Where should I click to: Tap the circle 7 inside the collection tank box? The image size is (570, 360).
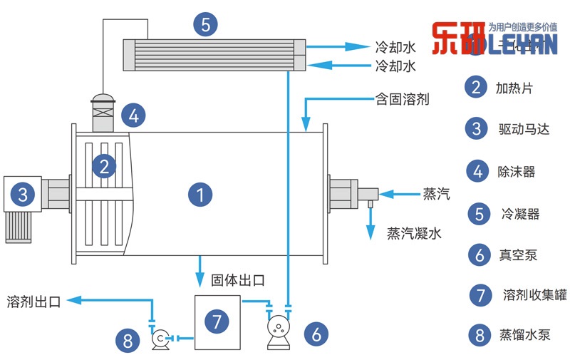[x=217, y=321]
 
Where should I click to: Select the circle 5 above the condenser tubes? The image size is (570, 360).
[x=205, y=25]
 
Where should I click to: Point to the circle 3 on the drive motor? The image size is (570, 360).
[x=24, y=194]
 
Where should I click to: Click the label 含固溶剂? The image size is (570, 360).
[x=402, y=99]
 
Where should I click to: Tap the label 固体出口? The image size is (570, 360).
[x=238, y=280]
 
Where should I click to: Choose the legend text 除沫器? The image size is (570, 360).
[x=516, y=171]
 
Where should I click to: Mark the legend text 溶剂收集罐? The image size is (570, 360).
[x=527, y=294]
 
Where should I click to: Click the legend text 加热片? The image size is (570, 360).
[x=514, y=88]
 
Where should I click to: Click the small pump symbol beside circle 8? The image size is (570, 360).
[x=161, y=337]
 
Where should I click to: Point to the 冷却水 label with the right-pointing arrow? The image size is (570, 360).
[x=395, y=48]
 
